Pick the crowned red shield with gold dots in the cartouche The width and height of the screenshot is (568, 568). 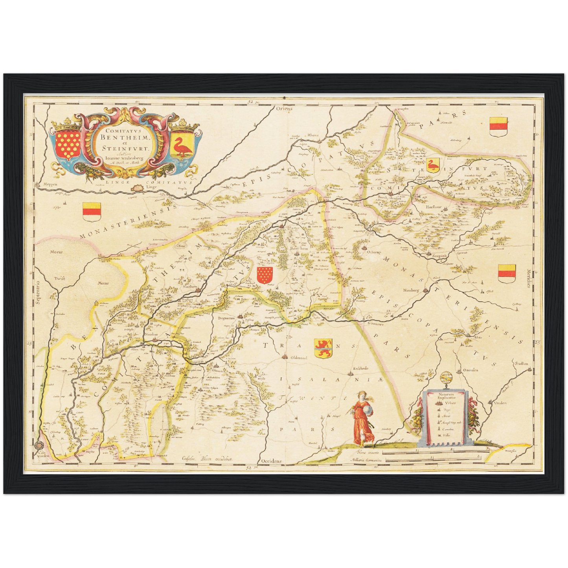(x=66, y=143)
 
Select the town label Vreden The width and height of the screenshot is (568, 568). (x=500, y=403)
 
